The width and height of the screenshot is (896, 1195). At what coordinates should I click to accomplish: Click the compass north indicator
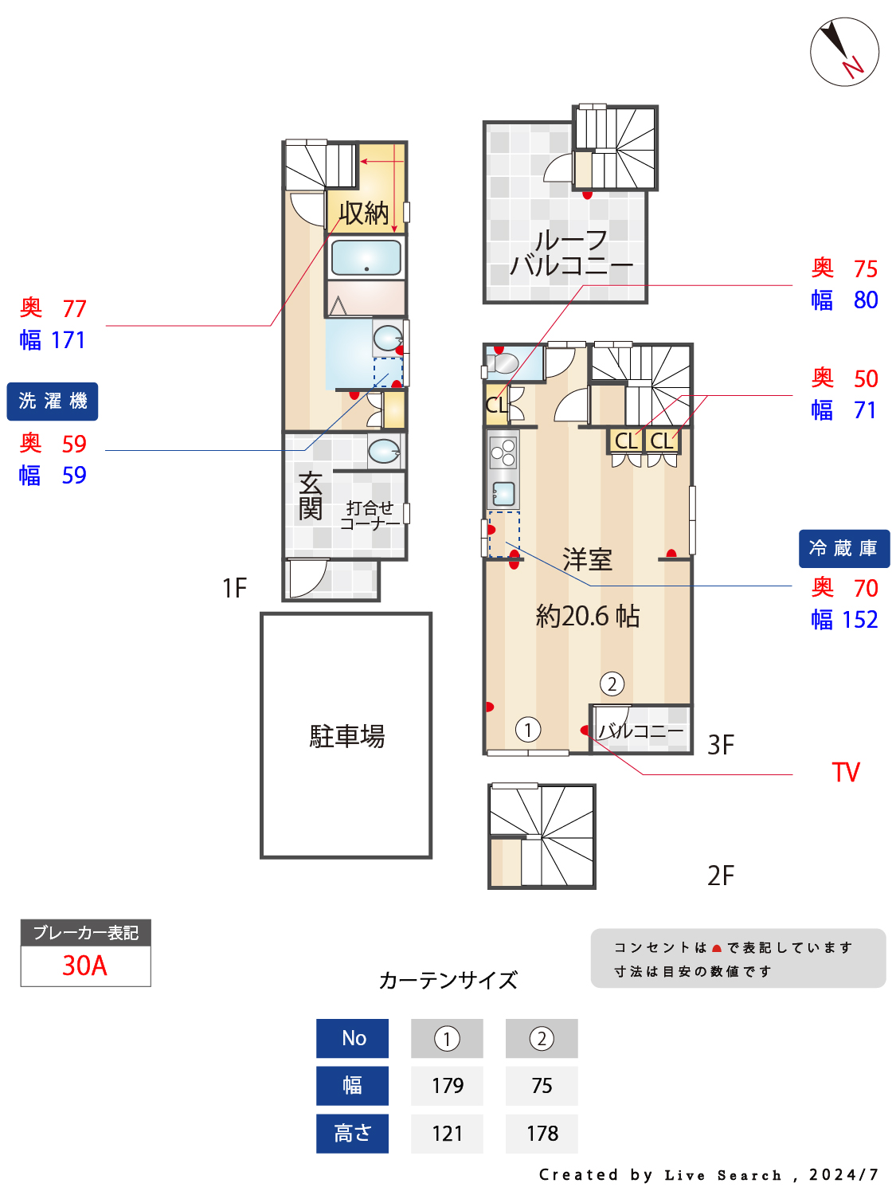pos(844,52)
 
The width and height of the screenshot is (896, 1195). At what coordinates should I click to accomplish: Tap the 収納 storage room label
pos(364,213)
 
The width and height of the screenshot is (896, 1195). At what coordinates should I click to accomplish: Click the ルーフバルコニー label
pos(570,253)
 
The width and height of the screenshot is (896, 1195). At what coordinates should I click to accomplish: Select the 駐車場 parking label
pos(346,735)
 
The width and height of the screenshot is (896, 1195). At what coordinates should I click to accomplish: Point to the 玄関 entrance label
pos(311,496)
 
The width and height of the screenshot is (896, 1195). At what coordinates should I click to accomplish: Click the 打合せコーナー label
pos(370,515)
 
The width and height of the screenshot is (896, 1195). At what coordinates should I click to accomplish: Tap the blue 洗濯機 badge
pos(53,401)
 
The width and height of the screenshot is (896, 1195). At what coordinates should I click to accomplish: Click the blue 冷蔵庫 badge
pos(843,548)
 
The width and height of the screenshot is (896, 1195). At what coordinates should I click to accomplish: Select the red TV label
pos(846,772)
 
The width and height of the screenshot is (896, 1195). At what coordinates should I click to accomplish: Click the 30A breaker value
pos(85,966)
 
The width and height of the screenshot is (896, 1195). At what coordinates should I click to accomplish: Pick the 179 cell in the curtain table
pos(447,1085)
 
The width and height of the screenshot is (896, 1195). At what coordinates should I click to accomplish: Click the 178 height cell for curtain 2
pos(542,1133)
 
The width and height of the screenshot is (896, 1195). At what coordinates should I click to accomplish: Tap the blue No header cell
pos(353,1038)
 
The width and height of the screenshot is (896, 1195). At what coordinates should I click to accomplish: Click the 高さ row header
pos(353,1133)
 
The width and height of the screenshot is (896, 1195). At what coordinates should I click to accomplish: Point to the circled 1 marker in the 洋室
pos(528,729)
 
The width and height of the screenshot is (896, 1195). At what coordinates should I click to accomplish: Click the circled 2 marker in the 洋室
pos(612,684)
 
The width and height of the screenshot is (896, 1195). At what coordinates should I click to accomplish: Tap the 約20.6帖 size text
pos(588,616)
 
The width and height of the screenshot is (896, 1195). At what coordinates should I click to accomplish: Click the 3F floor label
pos(721,745)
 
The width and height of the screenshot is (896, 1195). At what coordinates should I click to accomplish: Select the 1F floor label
pos(234,588)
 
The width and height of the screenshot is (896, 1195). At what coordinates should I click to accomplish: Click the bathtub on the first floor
pos(366,257)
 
